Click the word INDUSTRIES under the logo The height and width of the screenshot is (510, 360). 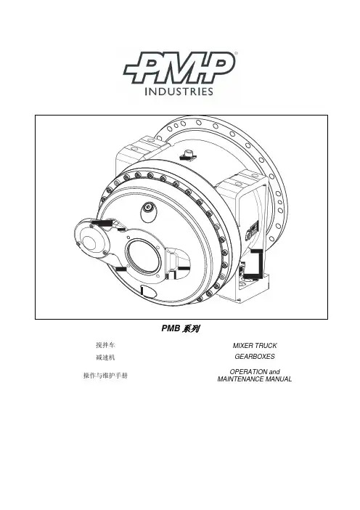coord(179,91)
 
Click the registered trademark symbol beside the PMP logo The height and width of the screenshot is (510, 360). coord(236,53)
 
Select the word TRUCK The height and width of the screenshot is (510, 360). coord(266,345)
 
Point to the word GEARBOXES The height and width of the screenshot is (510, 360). coord(255,357)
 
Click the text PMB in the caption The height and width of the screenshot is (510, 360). coord(171,328)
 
